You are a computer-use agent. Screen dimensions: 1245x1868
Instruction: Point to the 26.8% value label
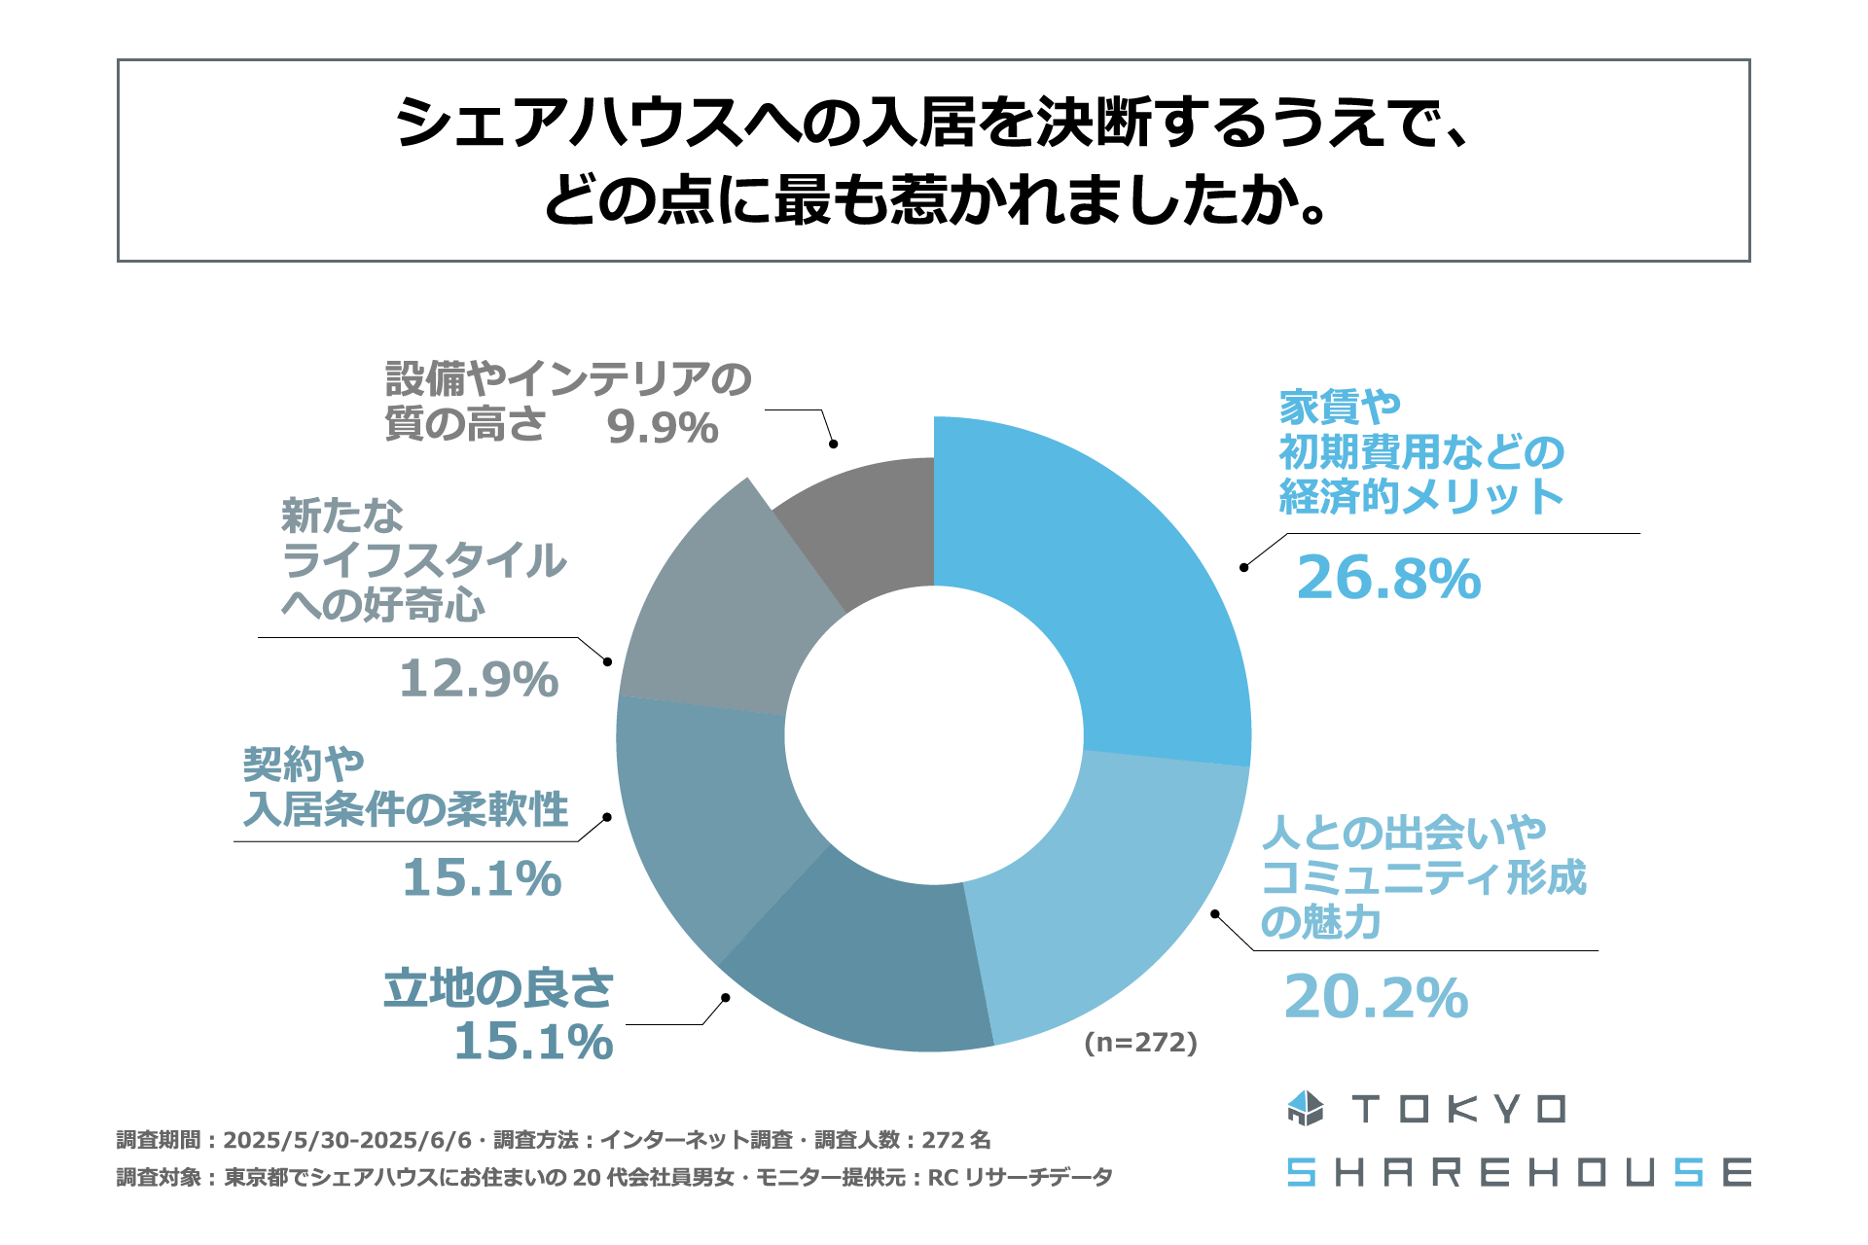click(1388, 579)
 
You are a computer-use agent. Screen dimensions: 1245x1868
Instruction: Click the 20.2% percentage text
click(1376, 998)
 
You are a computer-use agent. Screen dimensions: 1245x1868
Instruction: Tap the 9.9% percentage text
click(662, 428)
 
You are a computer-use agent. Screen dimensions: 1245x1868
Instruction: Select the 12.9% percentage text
click(479, 679)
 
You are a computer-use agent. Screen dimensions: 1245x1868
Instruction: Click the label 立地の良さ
click(498, 989)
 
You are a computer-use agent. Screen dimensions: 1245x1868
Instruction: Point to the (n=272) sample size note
click(1140, 1043)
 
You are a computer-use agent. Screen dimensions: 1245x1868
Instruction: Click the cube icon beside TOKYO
click(1306, 1109)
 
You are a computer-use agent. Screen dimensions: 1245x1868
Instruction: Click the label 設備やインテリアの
click(568, 379)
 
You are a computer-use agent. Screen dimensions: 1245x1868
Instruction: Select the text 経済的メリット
click(1420, 497)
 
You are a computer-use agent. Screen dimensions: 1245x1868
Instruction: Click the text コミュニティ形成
click(1423, 877)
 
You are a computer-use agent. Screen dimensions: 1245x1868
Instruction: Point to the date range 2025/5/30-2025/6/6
click(347, 1140)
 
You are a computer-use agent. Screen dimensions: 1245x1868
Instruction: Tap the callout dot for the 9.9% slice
click(833, 444)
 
